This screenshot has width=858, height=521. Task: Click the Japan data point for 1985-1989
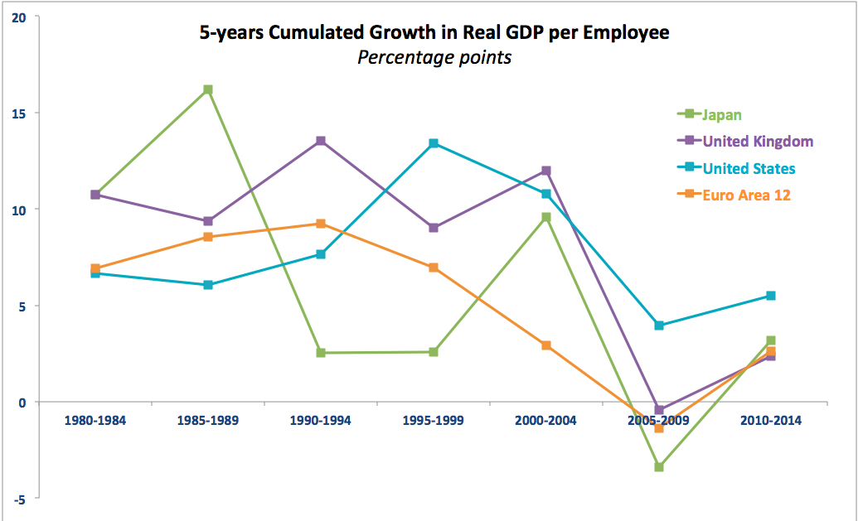click(x=208, y=89)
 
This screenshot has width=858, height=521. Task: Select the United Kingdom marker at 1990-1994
click(x=321, y=141)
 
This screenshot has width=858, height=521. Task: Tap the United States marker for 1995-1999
click(x=434, y=143)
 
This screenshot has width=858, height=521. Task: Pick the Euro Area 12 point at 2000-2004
click(x=546, y=345)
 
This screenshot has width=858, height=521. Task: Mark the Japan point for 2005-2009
click(x=659, y=467)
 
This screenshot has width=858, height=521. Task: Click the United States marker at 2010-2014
click(x=771, y=296)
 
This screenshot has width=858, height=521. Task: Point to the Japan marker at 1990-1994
click(x=321, y=353)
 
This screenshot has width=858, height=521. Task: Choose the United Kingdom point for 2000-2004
click(x=546, y=171)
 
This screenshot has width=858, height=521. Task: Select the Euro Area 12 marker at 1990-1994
click(x=321, y=224)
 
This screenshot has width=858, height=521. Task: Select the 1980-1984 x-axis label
click(x=95, y=421)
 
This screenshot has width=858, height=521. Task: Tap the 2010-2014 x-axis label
click(x=771, y=421)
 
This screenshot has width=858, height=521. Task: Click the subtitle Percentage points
click(x=434, y=58)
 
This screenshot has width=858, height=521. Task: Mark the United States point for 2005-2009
click(x=659, y=326)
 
